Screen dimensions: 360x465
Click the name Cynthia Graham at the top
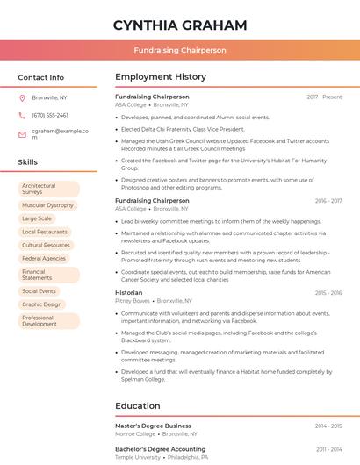(x=180, y=25)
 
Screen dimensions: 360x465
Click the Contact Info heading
(x=40, y=77)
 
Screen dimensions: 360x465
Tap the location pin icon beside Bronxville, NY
(x=22, y=97)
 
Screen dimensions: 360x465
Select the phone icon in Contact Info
(x=22, y=115)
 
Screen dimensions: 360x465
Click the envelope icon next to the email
(x=22, y=134)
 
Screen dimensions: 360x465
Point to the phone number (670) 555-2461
(x=50, y=115)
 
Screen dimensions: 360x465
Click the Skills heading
(x=28, y=162)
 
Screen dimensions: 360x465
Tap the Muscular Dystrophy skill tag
(x=48, y=205)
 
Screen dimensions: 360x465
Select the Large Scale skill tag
(x=37, y=218)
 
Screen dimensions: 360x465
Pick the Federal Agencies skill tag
(x=44, y=259)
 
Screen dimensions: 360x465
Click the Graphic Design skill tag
(x=42, y=304)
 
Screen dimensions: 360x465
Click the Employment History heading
(x=161, y=77)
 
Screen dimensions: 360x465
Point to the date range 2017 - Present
(x=324, y=97)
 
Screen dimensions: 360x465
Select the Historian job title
(x=128, y=292)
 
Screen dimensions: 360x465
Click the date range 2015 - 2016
(x=328, y=292)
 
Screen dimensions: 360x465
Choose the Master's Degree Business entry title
(x=153, y=426)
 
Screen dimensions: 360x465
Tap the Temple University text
(x=138, y=457)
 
